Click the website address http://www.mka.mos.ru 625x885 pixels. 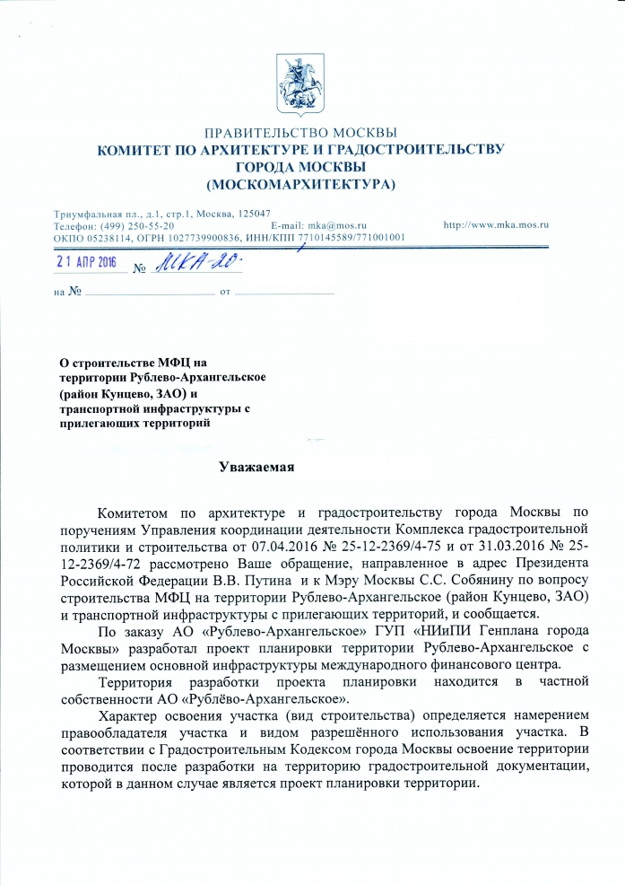[496, 225]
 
